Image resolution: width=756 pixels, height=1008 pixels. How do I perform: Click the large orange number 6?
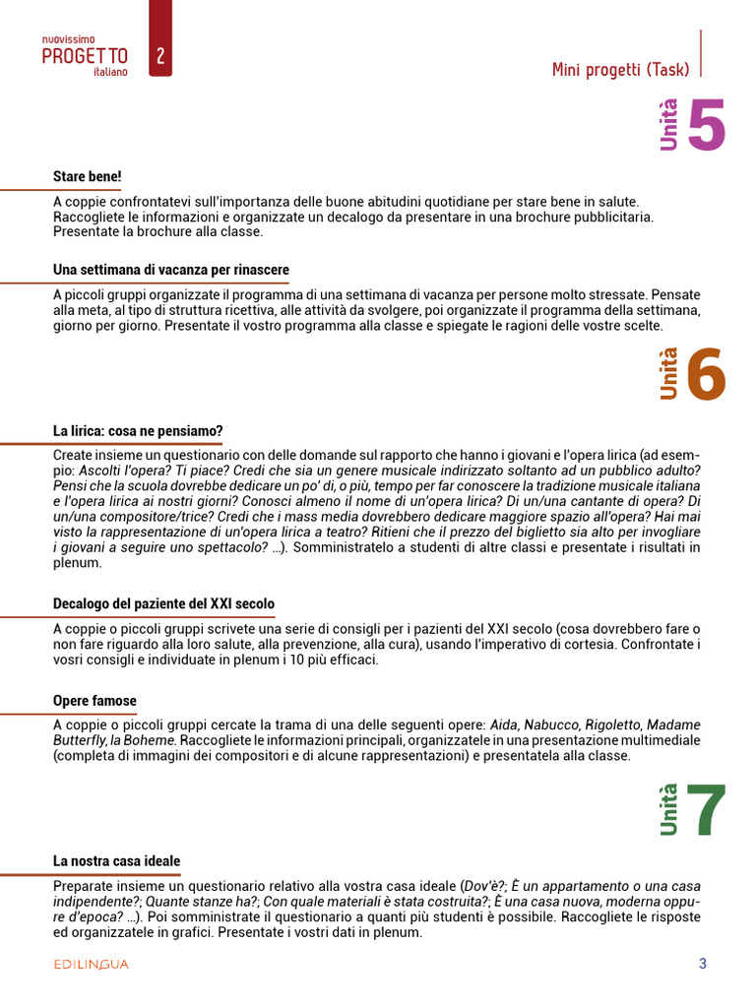coord(706,375)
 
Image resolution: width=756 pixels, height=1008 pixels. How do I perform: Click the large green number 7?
coord(706,811)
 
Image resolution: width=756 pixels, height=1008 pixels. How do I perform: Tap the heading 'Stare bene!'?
coord(88,177)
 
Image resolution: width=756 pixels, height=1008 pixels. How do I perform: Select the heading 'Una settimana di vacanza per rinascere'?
coord(171,270)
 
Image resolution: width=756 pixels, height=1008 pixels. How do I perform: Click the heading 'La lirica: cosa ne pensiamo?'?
coord(138,431)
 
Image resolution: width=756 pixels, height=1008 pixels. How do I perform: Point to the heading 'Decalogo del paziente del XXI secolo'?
coord(164,603)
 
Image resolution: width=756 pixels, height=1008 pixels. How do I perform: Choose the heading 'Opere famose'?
coord(94,701)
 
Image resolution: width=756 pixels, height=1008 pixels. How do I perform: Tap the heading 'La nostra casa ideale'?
coord(116,861)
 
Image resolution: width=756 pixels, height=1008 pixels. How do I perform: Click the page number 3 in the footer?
coord(703,964)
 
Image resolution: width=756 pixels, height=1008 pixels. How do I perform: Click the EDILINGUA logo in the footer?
coord(91,965)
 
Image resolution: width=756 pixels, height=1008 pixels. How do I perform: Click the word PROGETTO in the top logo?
coord(85,56)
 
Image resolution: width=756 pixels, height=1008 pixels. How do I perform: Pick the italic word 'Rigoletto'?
coord(612,724)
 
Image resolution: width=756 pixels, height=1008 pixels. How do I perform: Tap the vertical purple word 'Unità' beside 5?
coord(669,125)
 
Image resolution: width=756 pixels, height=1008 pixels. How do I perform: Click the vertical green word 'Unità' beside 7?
coord(669,809)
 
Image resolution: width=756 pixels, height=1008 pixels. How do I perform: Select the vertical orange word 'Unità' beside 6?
coord(669,374)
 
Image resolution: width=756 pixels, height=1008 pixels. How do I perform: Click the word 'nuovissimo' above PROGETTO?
coord(68,38)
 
